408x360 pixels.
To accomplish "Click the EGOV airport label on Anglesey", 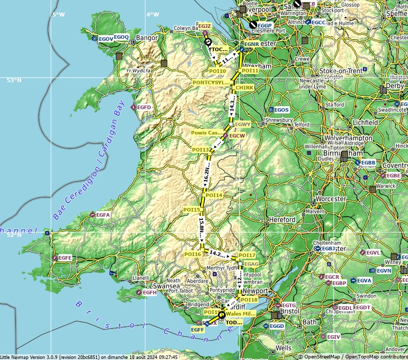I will tap(106, 39).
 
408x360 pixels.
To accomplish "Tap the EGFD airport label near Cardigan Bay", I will tap(144, 108).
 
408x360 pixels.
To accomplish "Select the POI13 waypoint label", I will tap(200, 150).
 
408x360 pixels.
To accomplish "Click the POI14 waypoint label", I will tap(214, 196).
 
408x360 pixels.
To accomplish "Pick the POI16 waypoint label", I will tap(193, 254).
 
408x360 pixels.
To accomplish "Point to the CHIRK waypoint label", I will tap(244, 88).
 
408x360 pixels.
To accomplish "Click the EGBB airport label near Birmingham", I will tap(368, 163).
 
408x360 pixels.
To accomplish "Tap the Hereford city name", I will tap(282, 220).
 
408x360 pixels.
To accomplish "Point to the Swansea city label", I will tap(165, 286).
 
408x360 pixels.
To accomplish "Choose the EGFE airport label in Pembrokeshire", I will tap(65, 258).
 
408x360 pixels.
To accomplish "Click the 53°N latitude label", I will tap(14, 80).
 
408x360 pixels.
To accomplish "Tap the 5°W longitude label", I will tap(59, 14).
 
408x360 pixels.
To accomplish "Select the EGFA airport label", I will tap(103, 215).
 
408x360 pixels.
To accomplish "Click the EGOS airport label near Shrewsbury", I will tap(281, 110).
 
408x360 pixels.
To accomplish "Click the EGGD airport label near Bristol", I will tap(276, 326).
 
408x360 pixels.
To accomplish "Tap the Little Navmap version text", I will tap(89, 357).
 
